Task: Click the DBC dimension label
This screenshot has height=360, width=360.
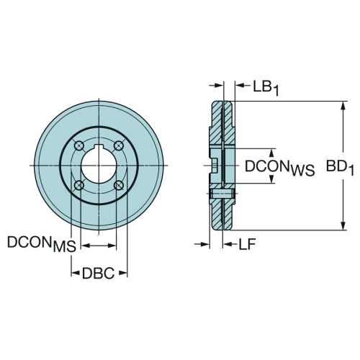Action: tap(98, 274)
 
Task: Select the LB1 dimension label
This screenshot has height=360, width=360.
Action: tap(266, 88)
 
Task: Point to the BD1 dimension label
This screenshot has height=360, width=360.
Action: tap(340, 167)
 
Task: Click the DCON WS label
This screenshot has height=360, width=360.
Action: tap(279, 167)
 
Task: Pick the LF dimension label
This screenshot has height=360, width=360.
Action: tap(247, 245)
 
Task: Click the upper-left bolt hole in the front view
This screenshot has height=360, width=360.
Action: tap(79, 145)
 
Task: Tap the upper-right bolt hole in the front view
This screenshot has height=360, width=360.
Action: tap(119, 145)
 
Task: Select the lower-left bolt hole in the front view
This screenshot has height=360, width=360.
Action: tap(79, 185)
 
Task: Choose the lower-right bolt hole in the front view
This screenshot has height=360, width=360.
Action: tap(119, 185)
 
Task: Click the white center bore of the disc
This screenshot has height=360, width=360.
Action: tap(99, 166)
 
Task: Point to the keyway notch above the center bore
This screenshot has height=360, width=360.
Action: tap(99, 146)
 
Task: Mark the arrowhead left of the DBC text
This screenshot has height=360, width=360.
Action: tap(76, 273)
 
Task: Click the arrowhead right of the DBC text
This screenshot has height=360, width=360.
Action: tap(123, 273)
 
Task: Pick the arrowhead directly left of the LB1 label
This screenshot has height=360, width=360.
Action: tap(240, 85)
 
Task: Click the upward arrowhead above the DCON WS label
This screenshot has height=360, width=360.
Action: tap(271, 153)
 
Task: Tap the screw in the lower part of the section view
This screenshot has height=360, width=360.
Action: tap(222, 194)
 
